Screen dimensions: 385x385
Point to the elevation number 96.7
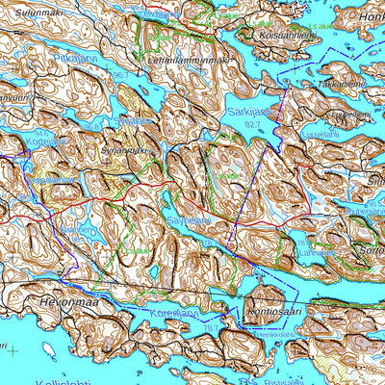[119, 74]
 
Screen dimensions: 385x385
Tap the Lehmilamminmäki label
[189, 60]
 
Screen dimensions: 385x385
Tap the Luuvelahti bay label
[322, 135]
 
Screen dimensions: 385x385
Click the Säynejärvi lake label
[189, 219]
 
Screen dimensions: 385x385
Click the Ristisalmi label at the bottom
[290, 379]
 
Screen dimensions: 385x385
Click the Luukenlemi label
[350, 115]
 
